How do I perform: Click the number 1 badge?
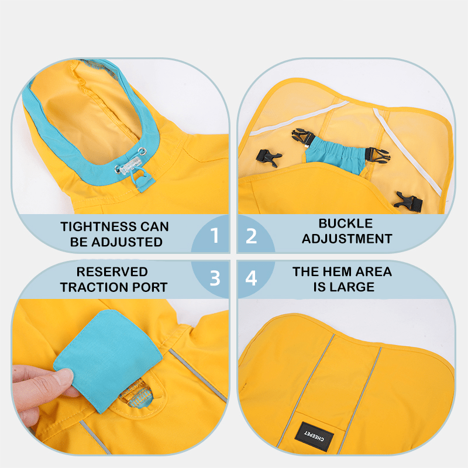pyautogui.click(x=215, y=235)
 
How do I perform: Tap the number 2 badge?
pyautogui.click(x=252, y=235)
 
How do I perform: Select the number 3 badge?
pyautogui.click(x=215, y=278)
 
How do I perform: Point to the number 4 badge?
pyautogui.click(x=252, y=278)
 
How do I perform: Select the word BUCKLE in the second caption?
pyautogui.click(x=345, y=223)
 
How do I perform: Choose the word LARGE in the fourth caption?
pyautogui.click(x=355, y=287)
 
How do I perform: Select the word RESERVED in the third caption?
pyautogui.click(x=112, y=272)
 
